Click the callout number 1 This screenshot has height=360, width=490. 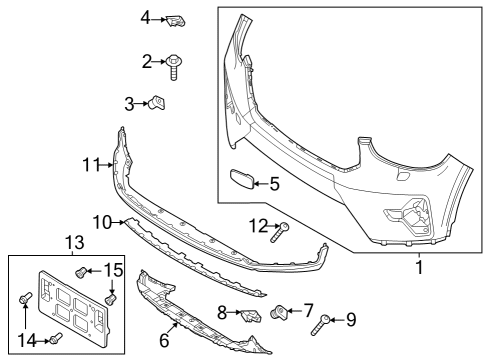click(419, 267)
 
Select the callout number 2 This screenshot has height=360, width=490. click(147, 61)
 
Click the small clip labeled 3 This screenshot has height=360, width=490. click(157, 103)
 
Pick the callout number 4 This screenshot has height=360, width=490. click(146, 18)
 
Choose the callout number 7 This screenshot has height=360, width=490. click(308, 311)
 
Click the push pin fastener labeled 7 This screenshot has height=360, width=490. click(282, 312)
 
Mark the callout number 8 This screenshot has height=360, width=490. click(222, 313)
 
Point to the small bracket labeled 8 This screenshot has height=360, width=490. click(249, 316)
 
